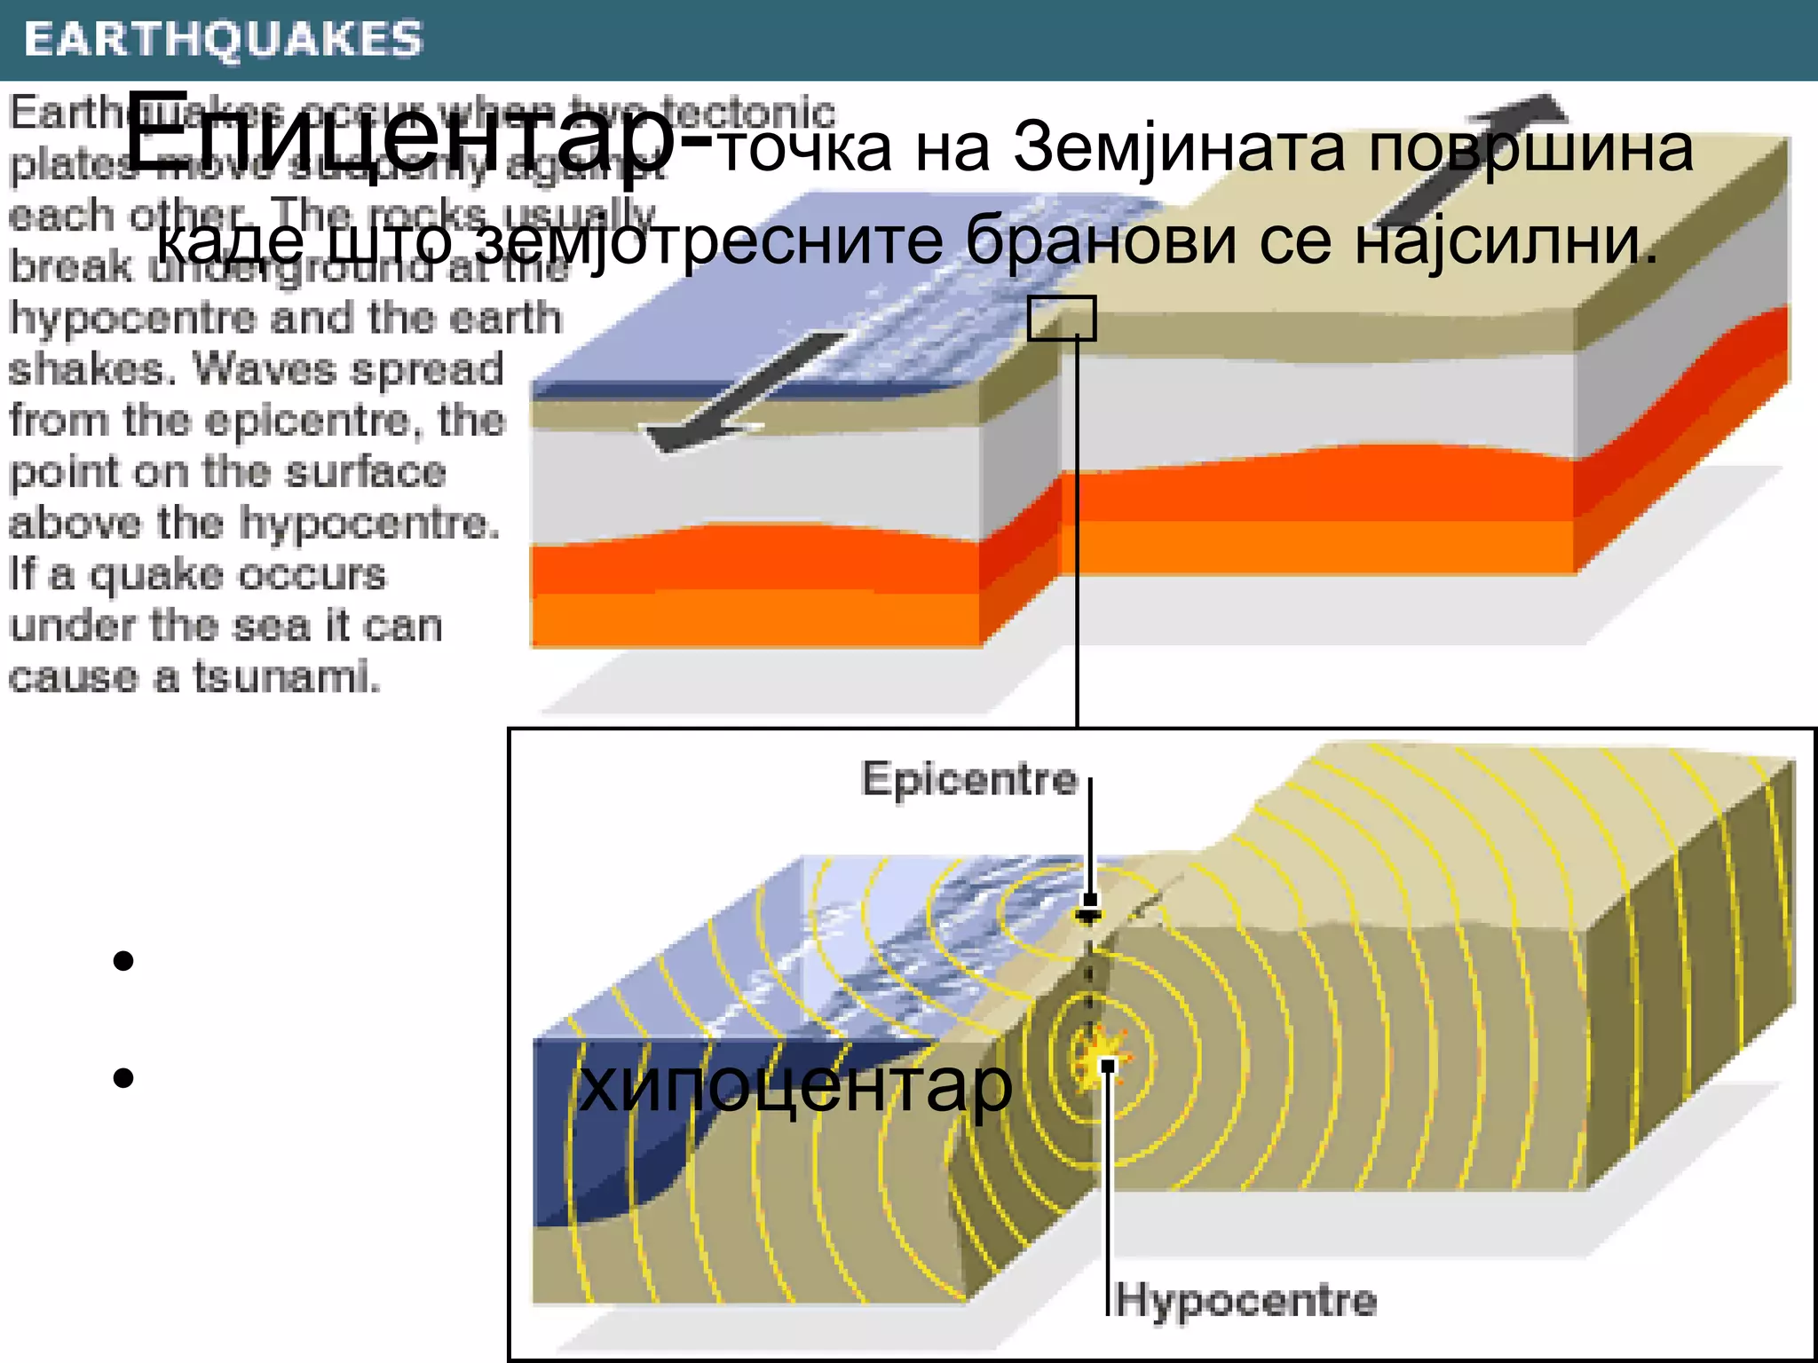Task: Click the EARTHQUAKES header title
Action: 224,40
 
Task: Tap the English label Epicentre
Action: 969,780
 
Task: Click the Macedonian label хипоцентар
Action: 794,1086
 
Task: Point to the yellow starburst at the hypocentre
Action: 1104,1056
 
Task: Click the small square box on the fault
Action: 1062,318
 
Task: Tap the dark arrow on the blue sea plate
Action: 746,390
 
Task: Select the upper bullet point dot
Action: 123,961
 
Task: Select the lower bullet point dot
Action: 123,1078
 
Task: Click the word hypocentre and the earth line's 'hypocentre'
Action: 133,319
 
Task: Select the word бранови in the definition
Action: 1101,241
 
